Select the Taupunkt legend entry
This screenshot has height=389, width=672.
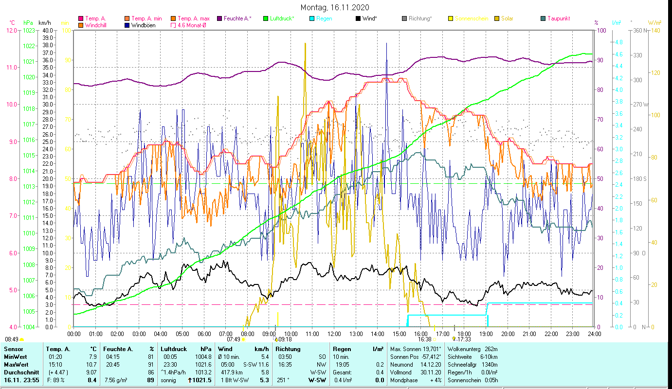558,18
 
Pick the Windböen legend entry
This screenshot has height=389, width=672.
143,25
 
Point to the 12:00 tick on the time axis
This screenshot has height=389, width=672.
334,334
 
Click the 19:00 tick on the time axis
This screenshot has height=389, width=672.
486,334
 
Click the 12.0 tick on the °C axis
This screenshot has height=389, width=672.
11,30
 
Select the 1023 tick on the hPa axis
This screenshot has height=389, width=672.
29,30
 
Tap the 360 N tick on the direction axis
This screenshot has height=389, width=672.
639,30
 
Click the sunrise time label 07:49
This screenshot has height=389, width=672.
234,339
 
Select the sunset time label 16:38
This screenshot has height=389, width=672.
424,339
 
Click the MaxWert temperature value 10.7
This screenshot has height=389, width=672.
91,364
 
